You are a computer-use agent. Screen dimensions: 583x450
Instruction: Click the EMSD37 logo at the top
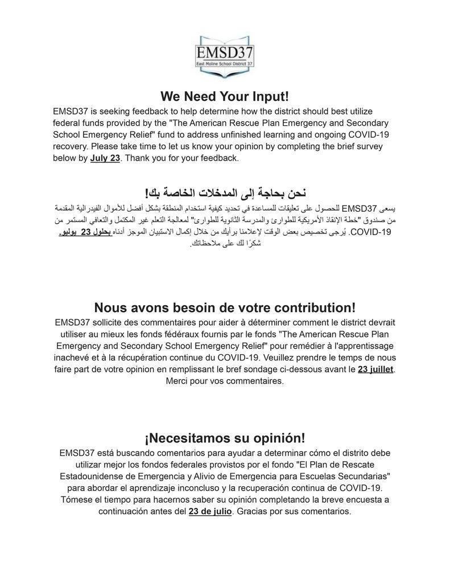point(225,53)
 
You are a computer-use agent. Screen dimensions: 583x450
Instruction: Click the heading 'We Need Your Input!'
point(225,96)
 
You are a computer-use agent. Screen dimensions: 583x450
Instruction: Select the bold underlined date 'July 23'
point(105,158)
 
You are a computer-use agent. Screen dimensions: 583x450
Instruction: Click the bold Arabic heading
point(225,192)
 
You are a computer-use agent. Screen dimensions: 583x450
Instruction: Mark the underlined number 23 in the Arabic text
point(86,232)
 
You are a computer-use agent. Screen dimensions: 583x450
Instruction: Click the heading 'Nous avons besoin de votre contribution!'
point(225,308)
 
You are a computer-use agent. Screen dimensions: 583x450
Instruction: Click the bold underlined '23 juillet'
point(375,369)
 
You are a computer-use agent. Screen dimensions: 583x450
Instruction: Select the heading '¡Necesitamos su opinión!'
point(225,438)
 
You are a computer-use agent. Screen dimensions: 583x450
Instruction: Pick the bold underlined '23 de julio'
point(210,511)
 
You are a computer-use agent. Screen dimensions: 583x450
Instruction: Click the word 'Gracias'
point(254,511)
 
